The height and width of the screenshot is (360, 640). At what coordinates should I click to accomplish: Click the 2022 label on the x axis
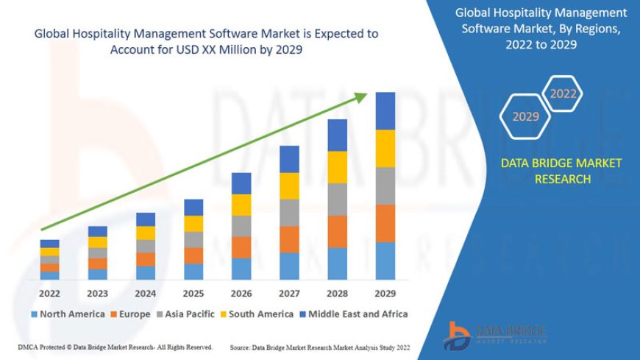pyautogui.click(x=49, y=292)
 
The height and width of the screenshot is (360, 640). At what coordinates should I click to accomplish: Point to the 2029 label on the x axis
pyautogui.click(x=385, y=292)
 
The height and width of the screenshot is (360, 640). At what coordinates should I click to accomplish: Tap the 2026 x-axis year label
pyautogui.click(x=241, y=292)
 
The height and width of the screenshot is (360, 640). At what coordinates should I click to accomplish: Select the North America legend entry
pyautogui.click(x=67, y=314)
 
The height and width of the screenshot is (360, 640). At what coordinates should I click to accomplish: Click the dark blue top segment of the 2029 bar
pyautogui.click(x=385, y=110)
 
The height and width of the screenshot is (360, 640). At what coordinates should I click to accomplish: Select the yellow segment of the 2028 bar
pyautogui.click(x=337, y=167)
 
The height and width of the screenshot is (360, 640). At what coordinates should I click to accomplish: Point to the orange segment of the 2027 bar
pyautogui.click(x=289, y=239)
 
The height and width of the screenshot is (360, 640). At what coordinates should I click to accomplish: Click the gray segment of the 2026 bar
pyautogui.click(x=241, y=226)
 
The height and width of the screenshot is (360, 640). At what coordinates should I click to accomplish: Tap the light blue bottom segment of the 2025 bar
pyautogui.click(x=193, y=272)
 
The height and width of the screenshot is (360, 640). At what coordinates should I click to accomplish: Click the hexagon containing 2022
pyautogui.click(x=563, y=93)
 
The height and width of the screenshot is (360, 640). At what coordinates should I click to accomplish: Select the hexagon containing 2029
pyautogui.click(x=525, y=116)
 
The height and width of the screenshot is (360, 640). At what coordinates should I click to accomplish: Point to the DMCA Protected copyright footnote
pyautogui.click(x=115, y=347)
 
